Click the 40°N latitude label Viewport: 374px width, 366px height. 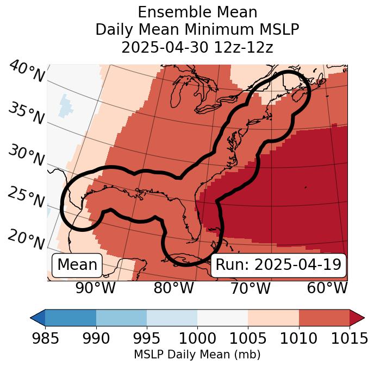26,72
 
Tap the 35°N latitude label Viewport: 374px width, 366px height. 26,113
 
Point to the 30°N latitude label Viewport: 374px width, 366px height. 26,156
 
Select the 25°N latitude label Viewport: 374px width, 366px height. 26,198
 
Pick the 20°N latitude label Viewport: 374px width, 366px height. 26,239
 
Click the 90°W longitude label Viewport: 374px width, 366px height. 95,288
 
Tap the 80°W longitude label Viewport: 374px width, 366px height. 173,288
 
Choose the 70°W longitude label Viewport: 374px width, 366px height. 250,288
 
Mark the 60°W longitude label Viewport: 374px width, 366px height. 327,288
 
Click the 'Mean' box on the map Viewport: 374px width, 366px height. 77,265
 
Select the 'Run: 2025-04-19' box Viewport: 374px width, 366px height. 278,265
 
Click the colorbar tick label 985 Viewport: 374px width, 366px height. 45,339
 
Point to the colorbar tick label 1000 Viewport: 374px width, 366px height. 197,339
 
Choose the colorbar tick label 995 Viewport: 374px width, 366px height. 147,339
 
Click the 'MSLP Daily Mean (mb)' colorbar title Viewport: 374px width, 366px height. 197,355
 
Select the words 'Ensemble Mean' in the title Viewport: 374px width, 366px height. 197,12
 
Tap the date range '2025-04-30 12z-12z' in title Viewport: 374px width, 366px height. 197,47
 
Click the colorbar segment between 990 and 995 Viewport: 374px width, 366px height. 121,318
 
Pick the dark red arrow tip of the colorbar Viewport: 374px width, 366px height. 357,318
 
